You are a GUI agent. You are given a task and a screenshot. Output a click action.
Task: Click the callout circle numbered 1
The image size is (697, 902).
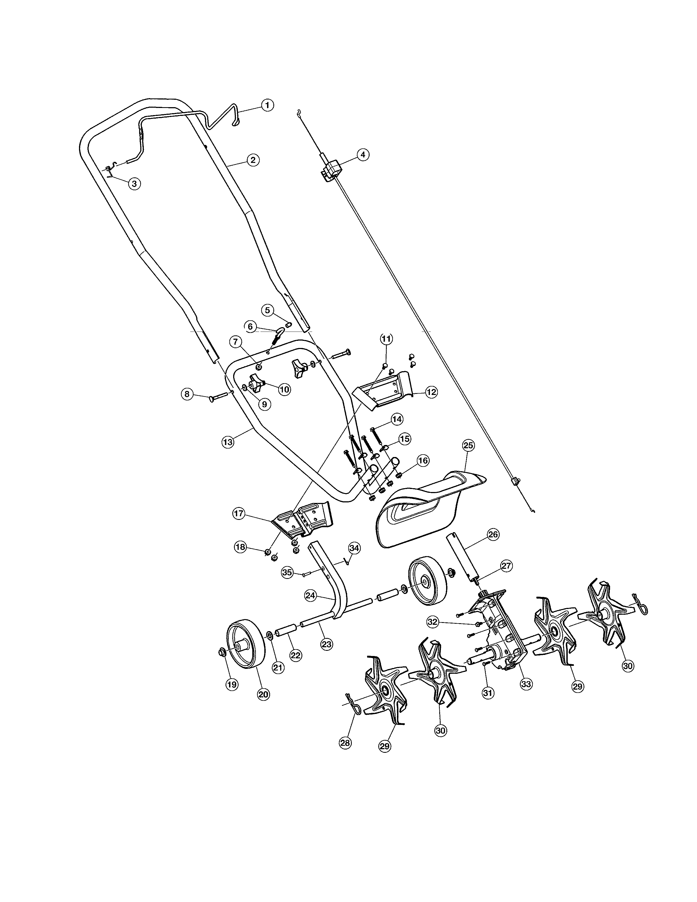coord(267,105)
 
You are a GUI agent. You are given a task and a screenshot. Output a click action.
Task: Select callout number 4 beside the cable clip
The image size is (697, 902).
coord(362,154)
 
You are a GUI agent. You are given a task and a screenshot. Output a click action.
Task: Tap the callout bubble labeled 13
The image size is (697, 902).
coord(227,442)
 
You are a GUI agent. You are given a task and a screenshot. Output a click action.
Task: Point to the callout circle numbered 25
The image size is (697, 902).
coord(468,445)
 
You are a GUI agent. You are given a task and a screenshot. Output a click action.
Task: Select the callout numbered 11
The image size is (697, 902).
coord(386,339)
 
